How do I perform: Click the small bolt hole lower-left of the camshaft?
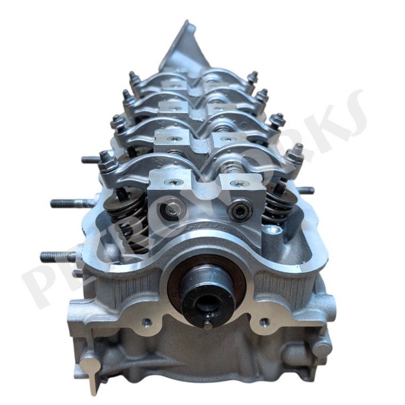pos(145,321)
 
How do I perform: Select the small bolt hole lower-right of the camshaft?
pos(263,322)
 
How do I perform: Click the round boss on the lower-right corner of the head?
pos(321,349)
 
